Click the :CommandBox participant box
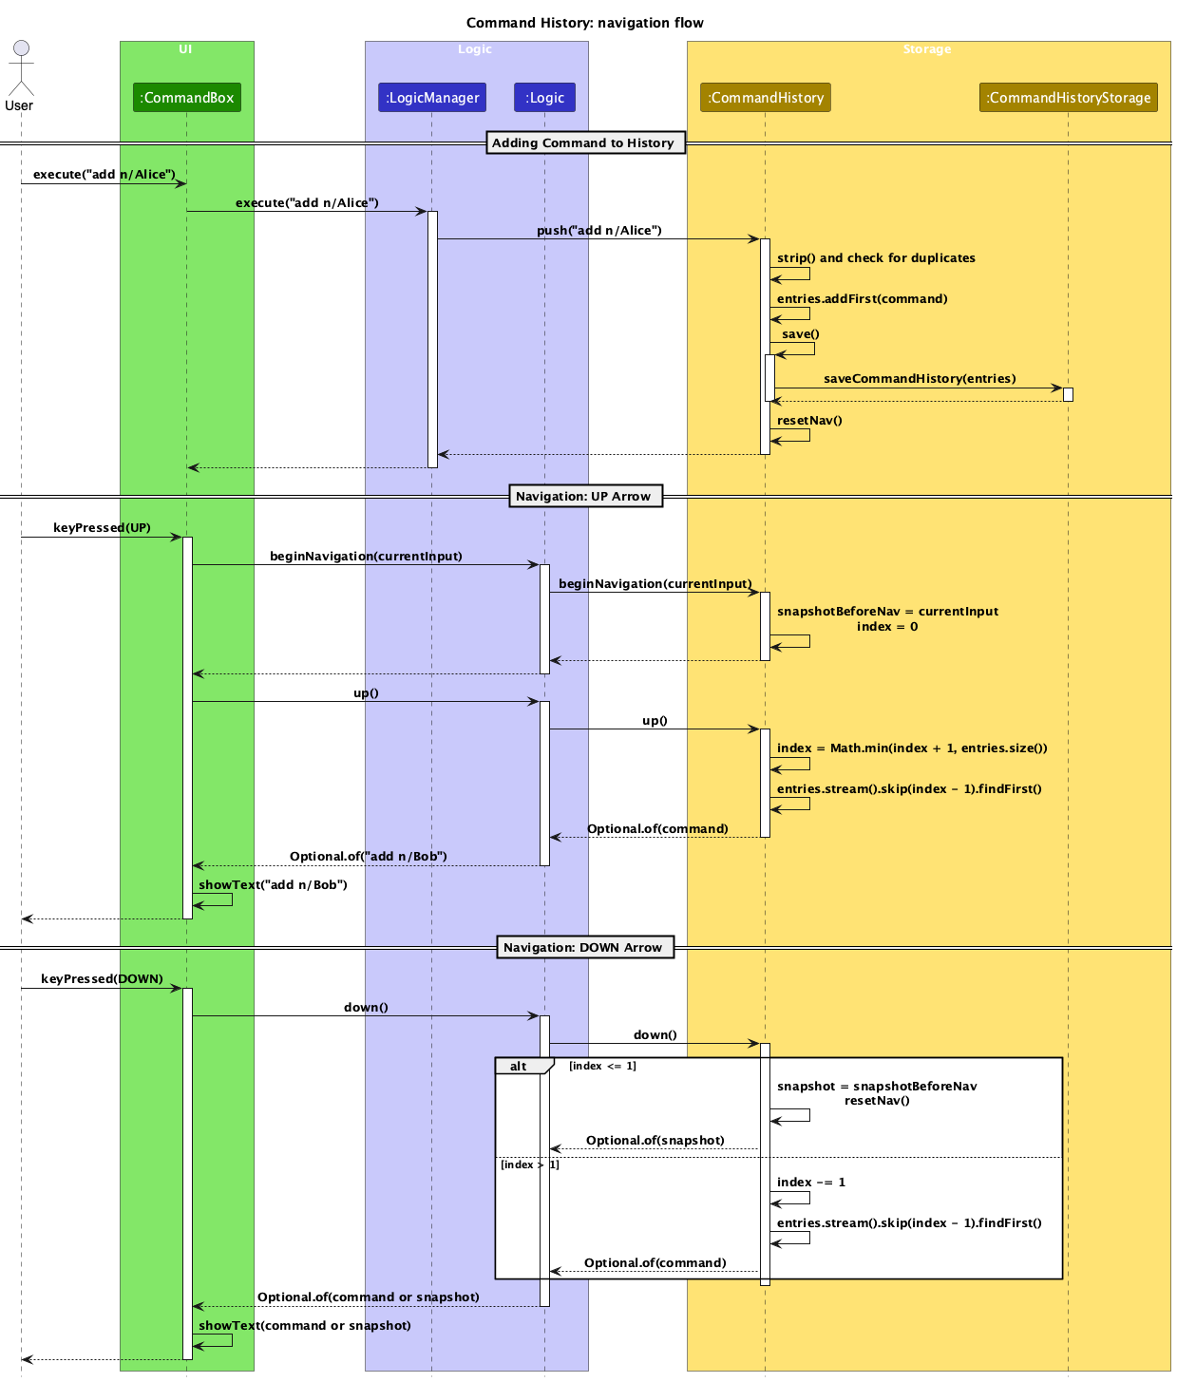click(x=187, y=98)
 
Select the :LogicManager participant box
click(x=432, y=98)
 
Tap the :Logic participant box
click(x=544, y=98)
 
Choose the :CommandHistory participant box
click(x=766, y=98)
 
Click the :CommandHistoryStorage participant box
click(x=1068, y=98)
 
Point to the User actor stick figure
click(x=20, y=68)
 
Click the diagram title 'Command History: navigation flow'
click(x=585, y=23)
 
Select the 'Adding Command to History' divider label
click(x=584, y=143)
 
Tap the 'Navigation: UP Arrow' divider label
click(x=584, y=497)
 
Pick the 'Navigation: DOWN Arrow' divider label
click(x=584, y=948)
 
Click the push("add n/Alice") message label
click(x=598, y=231)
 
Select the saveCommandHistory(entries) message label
click(x=919, y=379)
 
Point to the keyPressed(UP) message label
click(x=102, y=528)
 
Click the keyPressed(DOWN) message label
click(x=102, y=979)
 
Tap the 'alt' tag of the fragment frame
click(x=520, y=1067)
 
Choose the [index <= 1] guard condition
click(x=602, y=1067)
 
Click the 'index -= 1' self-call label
click(x=810, y=1183)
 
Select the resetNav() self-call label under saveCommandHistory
click(x=809, y=421)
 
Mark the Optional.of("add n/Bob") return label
click(x=368, y=857)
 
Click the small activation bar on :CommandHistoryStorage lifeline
click(x=1068, y=394)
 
